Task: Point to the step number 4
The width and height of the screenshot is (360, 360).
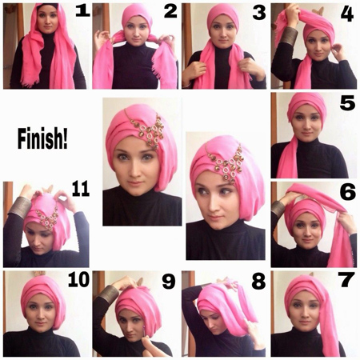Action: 346,14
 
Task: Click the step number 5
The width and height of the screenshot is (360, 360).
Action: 345,103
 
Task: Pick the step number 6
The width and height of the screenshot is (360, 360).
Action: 346,193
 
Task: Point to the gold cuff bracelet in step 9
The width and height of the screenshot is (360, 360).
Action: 107,294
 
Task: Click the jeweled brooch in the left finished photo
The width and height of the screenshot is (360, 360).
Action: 150,127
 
